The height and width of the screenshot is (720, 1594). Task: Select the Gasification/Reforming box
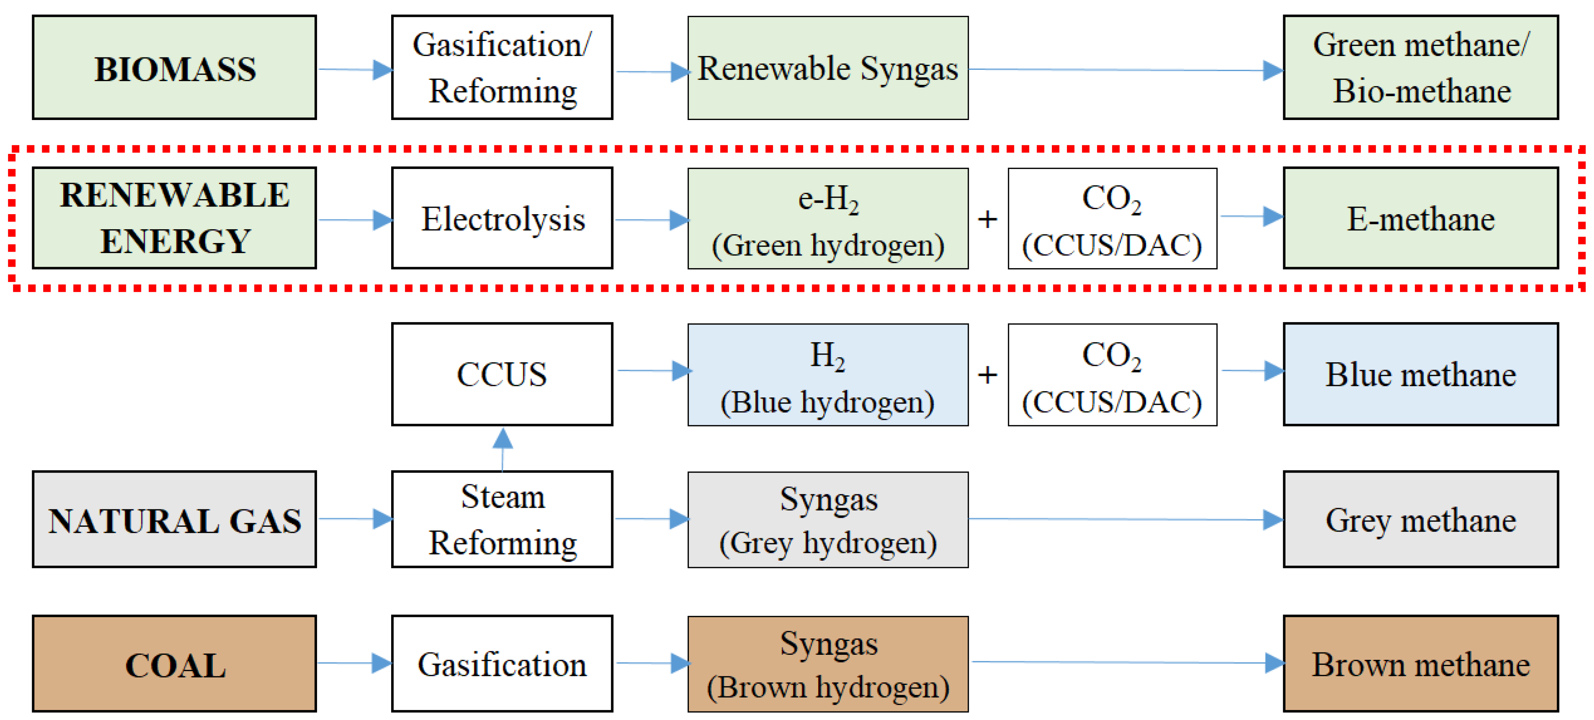502,68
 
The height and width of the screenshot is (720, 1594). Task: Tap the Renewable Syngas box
828,68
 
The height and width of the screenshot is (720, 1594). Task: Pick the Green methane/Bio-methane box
1420,68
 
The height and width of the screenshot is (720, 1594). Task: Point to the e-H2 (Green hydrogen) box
828,218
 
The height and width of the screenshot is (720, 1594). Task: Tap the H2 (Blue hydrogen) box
828,374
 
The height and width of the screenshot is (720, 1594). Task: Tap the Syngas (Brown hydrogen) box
828,664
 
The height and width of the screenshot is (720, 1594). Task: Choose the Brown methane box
1420,663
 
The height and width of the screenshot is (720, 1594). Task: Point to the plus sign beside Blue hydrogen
988,375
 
